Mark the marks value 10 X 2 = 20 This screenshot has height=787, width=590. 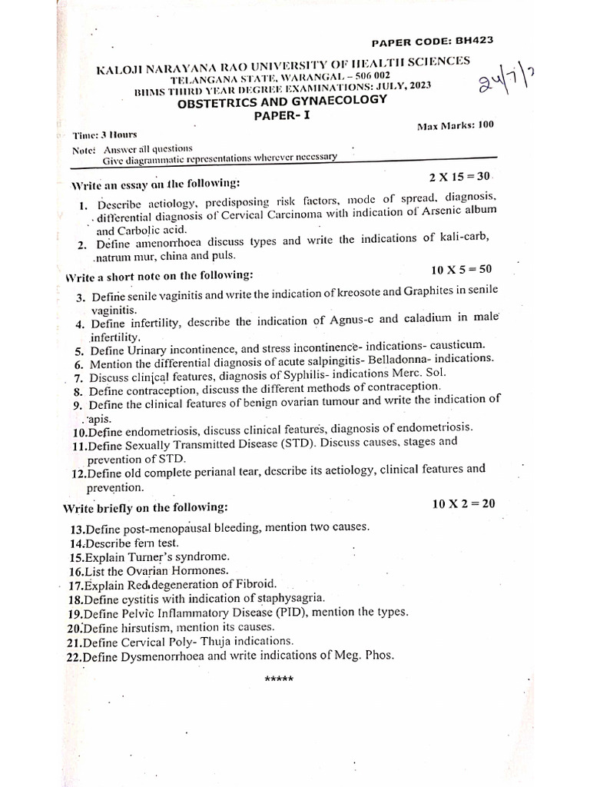click(464, 503)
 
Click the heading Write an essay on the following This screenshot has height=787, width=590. click(155, 184)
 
